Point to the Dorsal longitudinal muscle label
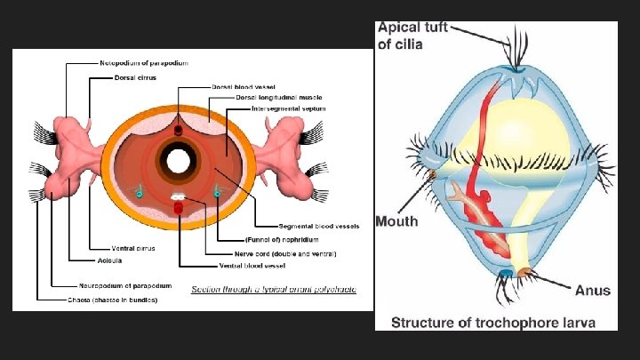click(x=266, y=97)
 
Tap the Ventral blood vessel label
click(x=260, y=265)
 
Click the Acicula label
click(x=109, y=260)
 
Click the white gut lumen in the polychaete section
click(x=179, y=162)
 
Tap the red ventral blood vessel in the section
click(x=179, y=208)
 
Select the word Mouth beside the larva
click(x=396, y=220)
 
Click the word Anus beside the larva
click(x=592, y=290)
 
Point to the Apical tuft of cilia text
click(x=410, y=36)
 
